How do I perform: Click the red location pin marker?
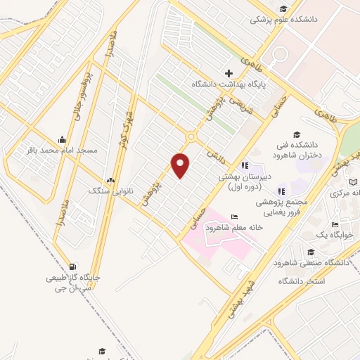click(x=181, y=165)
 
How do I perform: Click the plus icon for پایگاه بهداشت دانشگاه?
click(x=229, y=73)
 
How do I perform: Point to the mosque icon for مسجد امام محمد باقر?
click(x=62, y=139)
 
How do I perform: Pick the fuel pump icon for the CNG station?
click(x=73, y=266)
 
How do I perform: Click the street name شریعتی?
click(x=209, y=111)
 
